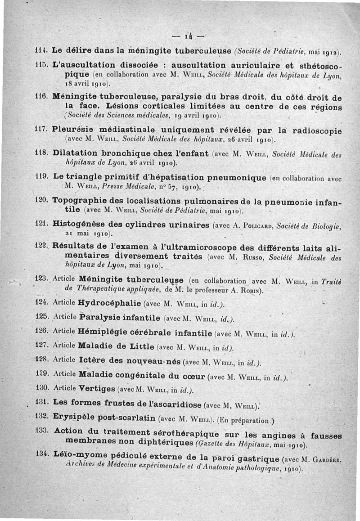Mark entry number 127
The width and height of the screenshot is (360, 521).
tap(41, 345)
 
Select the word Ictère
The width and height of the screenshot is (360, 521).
tap(92, 361)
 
